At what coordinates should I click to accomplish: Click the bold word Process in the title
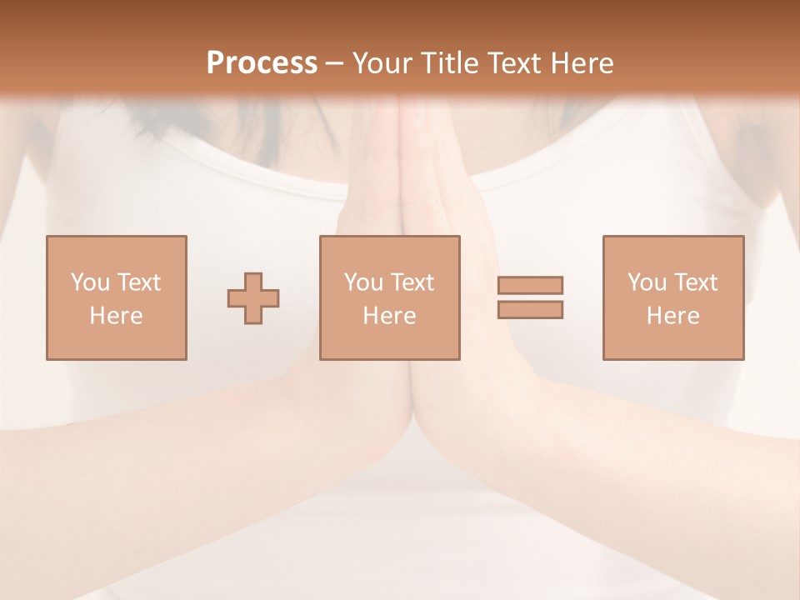coord(262,63)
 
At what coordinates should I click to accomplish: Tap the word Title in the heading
coord(450,63)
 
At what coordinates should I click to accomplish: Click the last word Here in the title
coord(583,63)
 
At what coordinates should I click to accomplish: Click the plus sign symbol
coord(253,297)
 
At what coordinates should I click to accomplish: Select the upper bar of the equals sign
coord(530,285)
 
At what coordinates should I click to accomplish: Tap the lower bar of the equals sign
coord(530,310)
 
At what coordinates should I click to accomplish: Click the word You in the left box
coord(90,282)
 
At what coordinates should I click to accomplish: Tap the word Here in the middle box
coord(389,316)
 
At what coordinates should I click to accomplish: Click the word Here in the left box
coord(116,316)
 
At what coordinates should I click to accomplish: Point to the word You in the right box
coord(647,282)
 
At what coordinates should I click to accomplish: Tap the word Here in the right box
coord(672,316)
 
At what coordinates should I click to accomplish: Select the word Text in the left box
coord(138,282)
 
